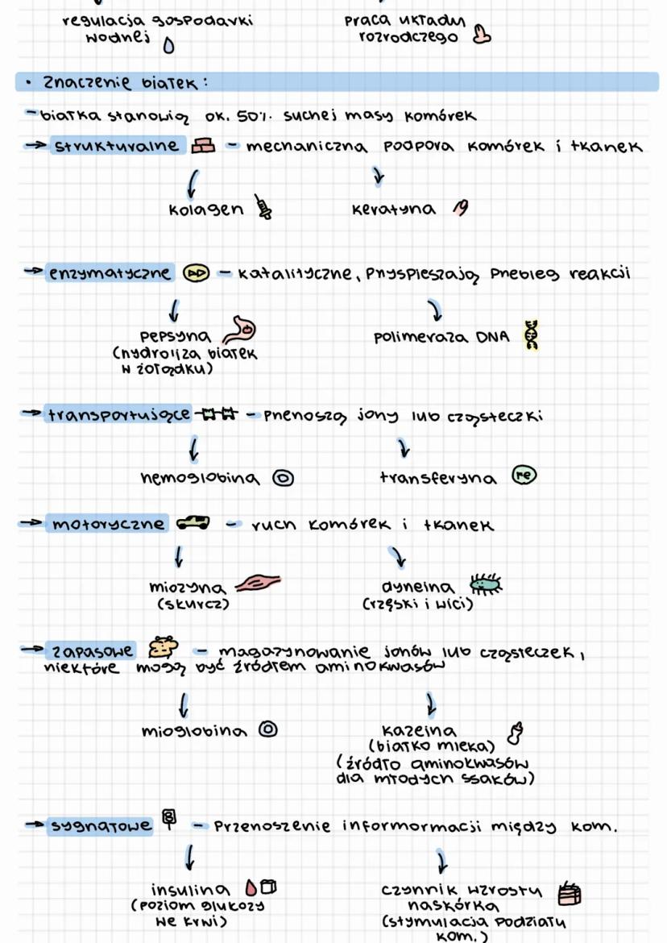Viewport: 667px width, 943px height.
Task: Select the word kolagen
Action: click(205, 209)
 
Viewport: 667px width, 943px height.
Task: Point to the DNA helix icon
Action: click(531, 335)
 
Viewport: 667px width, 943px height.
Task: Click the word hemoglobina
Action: click(200, 479)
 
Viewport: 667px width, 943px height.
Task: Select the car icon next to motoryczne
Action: click(193, 524)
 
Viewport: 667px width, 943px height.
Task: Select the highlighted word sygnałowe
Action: click(100, 826)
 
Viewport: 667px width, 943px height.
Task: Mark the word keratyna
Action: click(393, 210)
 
